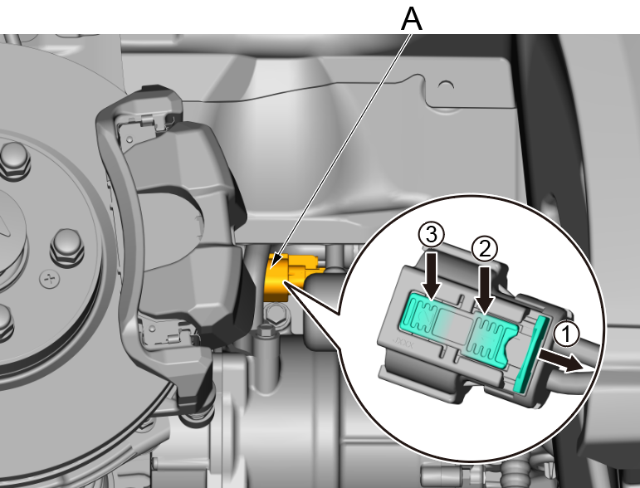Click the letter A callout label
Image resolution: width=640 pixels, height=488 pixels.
(x=412, y=19)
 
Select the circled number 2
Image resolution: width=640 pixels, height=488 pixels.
(x=485, y=249)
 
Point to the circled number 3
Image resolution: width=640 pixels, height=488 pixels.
(x=432, y=235)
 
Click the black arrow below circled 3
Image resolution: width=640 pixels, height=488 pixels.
(x=432, y=276)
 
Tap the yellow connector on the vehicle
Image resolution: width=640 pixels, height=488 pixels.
(x=286, y=277)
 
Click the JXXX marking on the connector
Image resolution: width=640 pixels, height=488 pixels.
(x=403, y=342)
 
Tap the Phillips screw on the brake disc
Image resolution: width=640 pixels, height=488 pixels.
(x=50, y=279)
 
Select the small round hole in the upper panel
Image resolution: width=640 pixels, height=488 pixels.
(x=446, y=86)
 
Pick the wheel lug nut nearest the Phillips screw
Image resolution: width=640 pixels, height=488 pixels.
(x=67, y=246)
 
